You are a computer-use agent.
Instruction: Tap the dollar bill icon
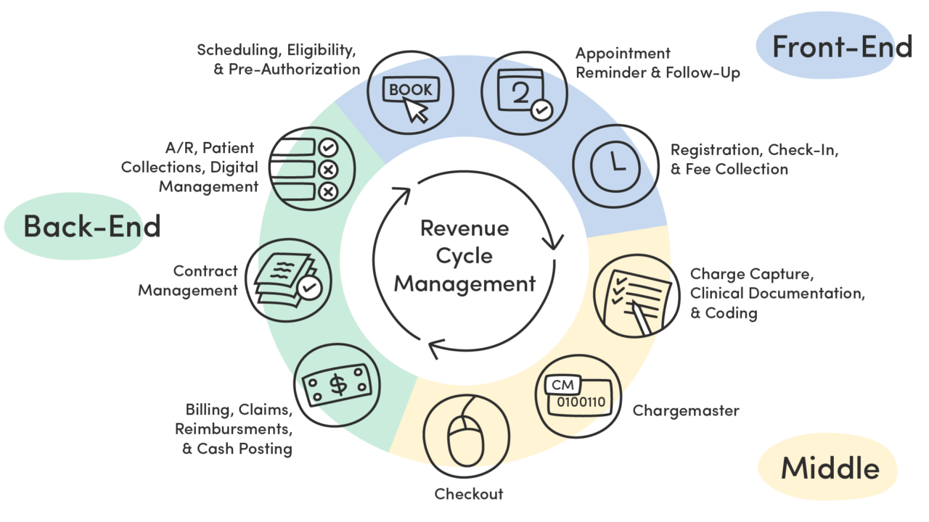pyautogui.click(x=337, y=385)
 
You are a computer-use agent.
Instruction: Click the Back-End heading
pyautogui.click(x=91, y=225)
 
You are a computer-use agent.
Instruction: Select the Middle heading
pyautogui.click(x=830, y=468)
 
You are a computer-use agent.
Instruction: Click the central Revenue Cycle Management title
pyautogui.click(x=464, y=256)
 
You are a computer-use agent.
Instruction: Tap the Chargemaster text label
pyautogui.click(x=686, y=411)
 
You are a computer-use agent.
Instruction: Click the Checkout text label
pyautogui.click(x=469, y=494)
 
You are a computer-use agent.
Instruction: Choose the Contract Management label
pyautogui.click(x=189, y=281)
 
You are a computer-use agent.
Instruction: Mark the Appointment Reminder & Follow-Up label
pyautogui.click(x=658, y=63)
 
